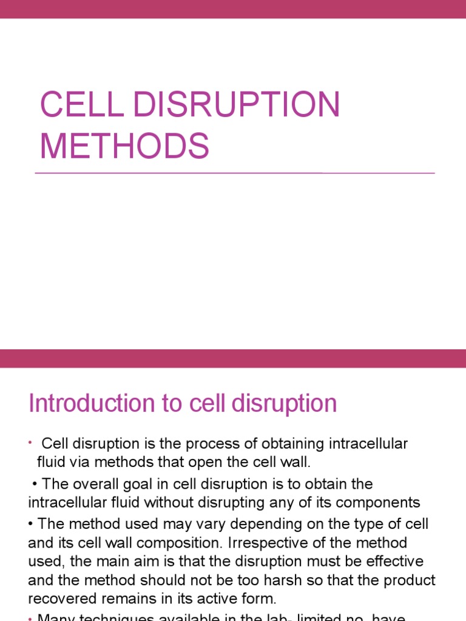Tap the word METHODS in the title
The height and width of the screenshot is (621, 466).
(x=124, y=146)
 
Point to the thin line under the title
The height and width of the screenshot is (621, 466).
(x=234, y=173)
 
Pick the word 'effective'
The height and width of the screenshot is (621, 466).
(x=392, y=561)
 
